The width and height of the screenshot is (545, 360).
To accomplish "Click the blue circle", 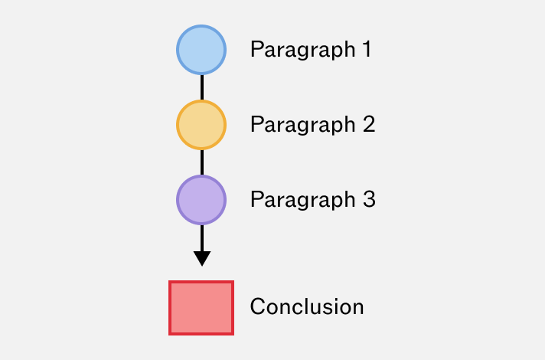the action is pos(201,50).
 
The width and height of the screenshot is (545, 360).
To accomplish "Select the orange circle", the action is pos(201,125).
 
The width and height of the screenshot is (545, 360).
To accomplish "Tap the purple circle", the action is pos(201,200).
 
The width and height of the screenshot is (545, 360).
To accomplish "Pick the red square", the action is pos(201,308).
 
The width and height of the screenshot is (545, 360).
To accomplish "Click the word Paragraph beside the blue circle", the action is pos(303,50).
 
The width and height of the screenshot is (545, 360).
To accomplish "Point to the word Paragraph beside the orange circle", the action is pos(303,125).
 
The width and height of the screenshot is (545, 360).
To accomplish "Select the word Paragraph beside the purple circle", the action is pos(303,201).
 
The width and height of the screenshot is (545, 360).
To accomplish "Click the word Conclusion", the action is pos(307,306).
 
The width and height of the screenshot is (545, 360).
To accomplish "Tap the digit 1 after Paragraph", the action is pos(367,49).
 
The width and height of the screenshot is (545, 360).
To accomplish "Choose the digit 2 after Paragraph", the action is pos(369,124).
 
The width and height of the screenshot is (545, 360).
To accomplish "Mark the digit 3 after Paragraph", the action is pos(369,199).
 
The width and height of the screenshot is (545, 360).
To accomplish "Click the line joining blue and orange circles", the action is pos(202,87).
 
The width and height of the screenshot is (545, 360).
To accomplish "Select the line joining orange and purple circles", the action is pos(202,162).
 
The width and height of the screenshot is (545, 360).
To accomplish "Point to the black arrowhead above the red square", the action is pos(202,258).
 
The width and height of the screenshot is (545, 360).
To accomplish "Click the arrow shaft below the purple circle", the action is pos(202,238).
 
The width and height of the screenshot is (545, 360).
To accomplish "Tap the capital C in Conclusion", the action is pos(257,306).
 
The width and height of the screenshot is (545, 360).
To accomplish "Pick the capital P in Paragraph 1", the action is pos(256,49).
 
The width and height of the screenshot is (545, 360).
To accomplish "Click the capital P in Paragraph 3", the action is pos(256,199).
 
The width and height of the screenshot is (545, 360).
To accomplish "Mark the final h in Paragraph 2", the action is pos(349,123).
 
